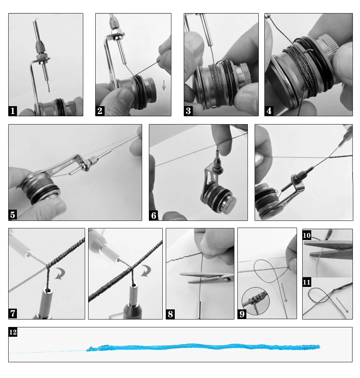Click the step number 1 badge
point(13,111)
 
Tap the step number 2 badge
point(100,111)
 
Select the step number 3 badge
point(188,111)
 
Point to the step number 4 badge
point(269,111)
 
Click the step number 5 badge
point(13,215)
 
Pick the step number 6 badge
point(153,215)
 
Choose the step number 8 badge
point(171,314)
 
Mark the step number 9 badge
point(242,314)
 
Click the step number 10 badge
point(307,235)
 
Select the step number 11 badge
point(307,282)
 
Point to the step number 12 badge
point(13,332)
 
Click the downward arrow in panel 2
point(164,86)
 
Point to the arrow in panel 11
point(342,304)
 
